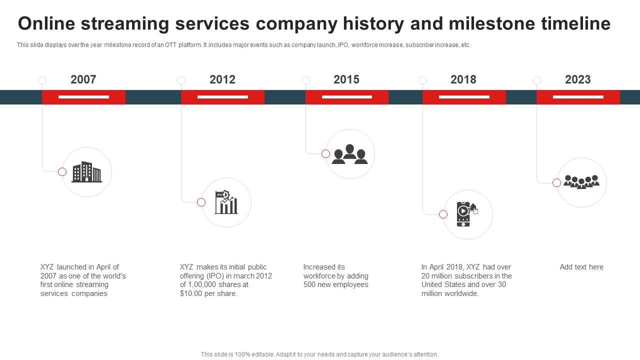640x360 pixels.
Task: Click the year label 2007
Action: [83, 79]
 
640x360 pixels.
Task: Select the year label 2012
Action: [222, 79]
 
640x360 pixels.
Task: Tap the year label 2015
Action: [346, 79]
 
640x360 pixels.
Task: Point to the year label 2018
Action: [463, 79]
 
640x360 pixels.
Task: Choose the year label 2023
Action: [577, 79]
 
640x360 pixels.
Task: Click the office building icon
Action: [86, 172]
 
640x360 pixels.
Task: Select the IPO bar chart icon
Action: [226, 202]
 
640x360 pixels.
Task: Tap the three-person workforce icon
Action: [349, 154]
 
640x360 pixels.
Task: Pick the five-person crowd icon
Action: [581, 182]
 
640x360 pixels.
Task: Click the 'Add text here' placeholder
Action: [581, 267]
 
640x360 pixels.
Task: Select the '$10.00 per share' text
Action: [208, 293]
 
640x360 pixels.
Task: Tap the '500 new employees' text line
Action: [335, 284]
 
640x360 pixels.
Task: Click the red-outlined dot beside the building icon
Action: [62, 171]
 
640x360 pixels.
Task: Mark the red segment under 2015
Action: [346, 97]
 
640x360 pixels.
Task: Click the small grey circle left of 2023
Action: [536, 80]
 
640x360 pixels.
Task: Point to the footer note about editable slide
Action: [319, 354]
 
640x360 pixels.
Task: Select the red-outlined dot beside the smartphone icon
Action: [443, 214]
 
